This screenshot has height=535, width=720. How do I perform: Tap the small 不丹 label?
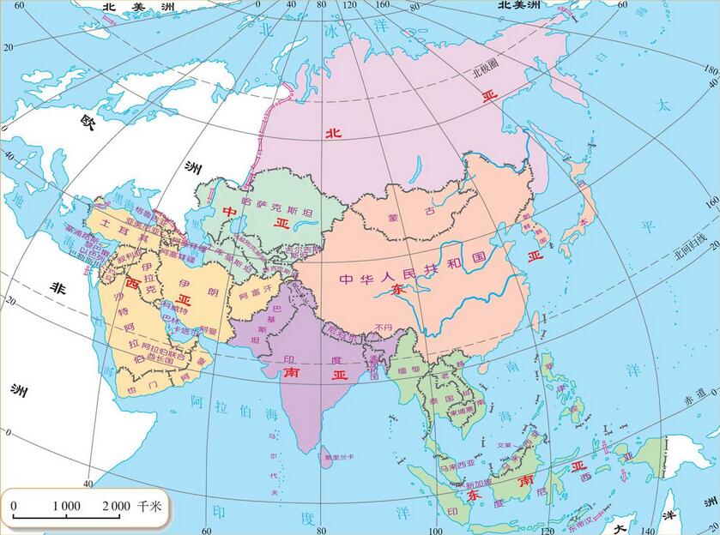coord(384,327)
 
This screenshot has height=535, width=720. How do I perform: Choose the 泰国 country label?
coord(442,400)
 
